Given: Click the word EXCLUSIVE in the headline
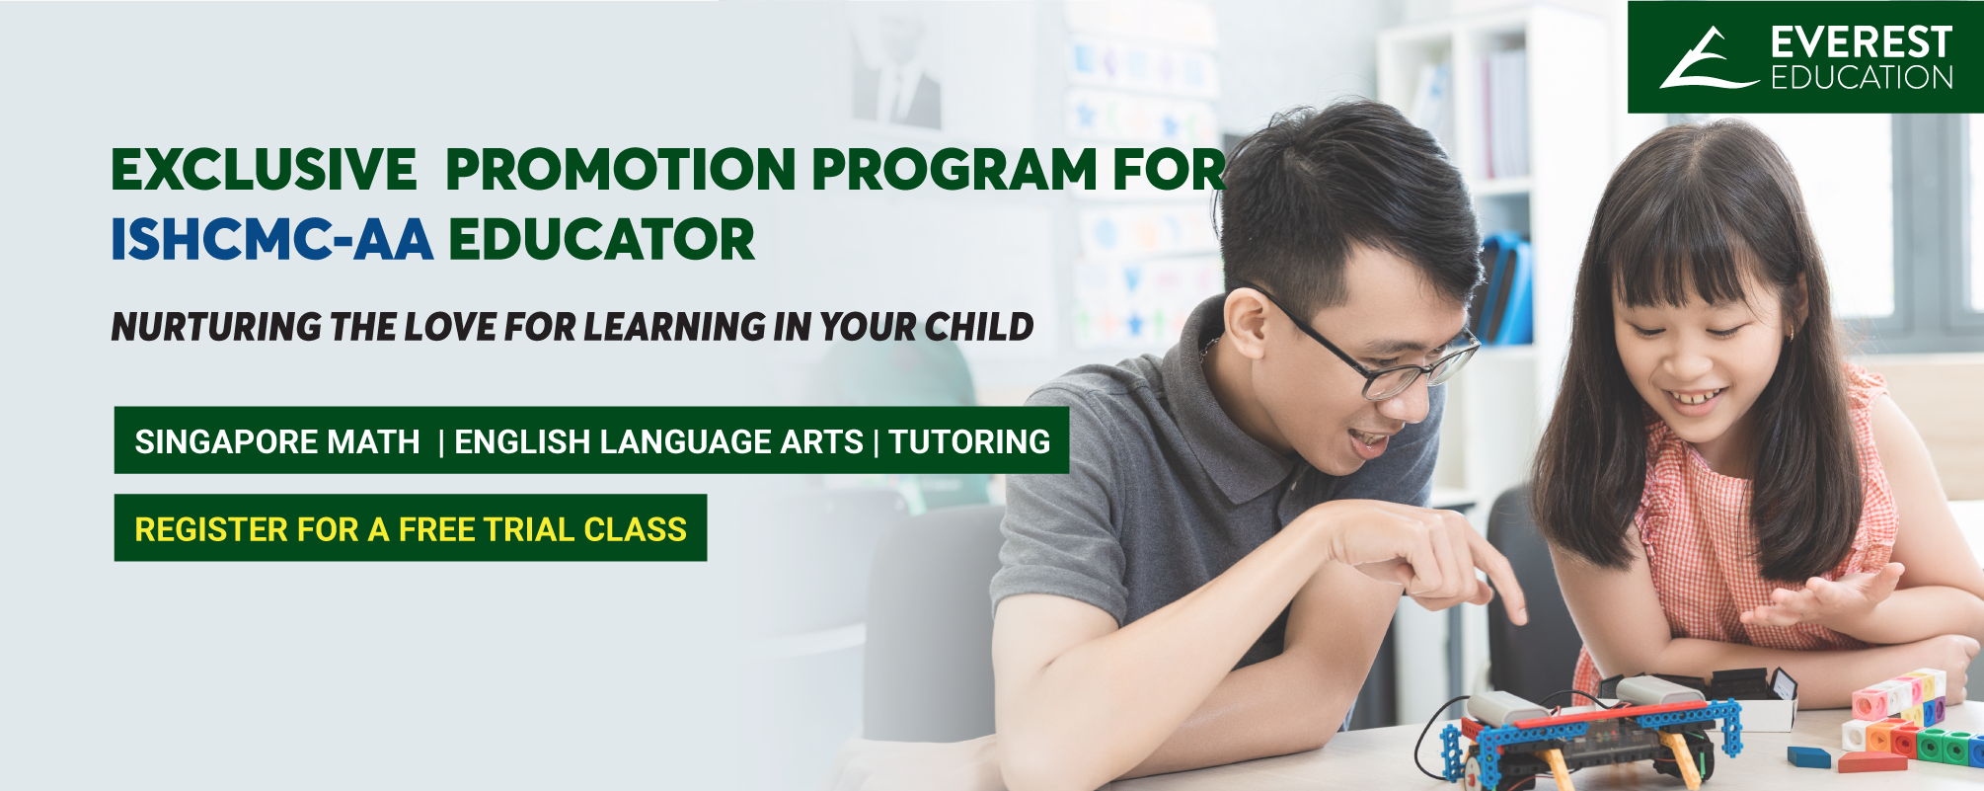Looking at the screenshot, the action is click(264, 169).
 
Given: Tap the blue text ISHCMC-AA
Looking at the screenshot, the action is click(271, 240).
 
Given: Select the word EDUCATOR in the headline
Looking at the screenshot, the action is click(602, 240).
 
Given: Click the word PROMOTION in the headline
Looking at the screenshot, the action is click(621, 169).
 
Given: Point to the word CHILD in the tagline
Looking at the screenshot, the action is click(978, 327).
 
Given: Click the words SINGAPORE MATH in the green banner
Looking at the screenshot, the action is click(277, 441).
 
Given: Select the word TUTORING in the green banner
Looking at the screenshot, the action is click(969, 441).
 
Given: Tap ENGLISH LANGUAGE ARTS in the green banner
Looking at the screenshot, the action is click(658, 441).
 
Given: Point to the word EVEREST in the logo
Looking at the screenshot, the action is click(1862, 42).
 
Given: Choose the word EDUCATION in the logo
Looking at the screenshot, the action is click(1862, 78).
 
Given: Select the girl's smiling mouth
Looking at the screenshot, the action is click(1700, 398).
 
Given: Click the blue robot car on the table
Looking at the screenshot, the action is click(1589, 736).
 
